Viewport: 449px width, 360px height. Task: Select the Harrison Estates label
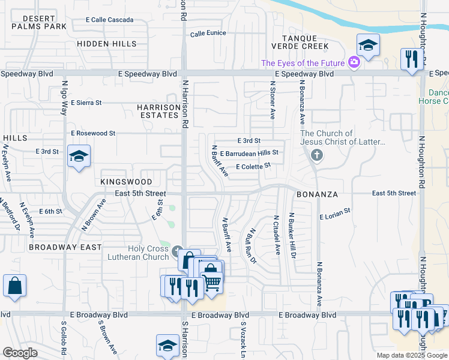tap(158, 112)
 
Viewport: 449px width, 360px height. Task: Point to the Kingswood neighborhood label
tap(127, 181)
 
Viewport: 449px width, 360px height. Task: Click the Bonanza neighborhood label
tap(318, 195)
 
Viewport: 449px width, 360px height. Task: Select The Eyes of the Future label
tap(303, 63)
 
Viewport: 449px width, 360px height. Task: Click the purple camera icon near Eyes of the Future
tap(354, 62)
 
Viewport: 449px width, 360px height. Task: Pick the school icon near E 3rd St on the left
tap(79, 157)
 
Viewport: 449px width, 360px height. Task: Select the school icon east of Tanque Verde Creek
tap(367, 44)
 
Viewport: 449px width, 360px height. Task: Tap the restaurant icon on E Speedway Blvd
tap(411, 59)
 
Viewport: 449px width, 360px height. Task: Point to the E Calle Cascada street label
tap(110, 20)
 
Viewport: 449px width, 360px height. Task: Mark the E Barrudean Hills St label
tap(253, 154)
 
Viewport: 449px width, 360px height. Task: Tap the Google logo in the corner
tap(20, 353)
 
